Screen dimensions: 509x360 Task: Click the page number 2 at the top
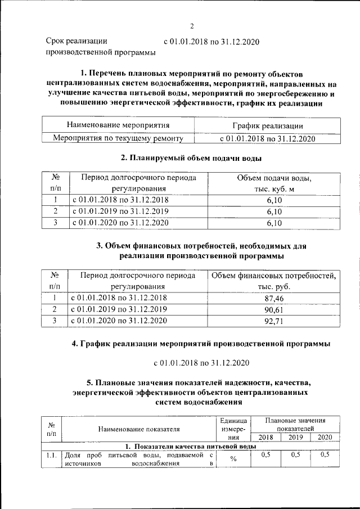click(191, 26)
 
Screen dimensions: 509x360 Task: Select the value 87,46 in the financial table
click(273, 298)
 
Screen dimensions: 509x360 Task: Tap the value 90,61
click(273, 309)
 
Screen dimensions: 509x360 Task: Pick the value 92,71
click(273, 321)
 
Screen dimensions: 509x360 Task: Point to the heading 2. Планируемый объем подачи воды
click(192, 158)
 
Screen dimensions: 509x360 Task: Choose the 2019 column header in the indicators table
click(295, 437)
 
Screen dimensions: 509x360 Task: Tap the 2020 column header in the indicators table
click(325, 437)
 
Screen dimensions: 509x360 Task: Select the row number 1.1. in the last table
click(52, 455)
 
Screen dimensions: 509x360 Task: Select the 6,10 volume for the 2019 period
click(273, 211)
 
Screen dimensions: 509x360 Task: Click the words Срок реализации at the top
click(76, 41)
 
